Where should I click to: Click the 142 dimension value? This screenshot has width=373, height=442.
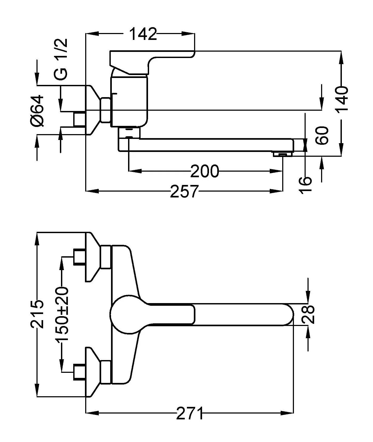(143, 34)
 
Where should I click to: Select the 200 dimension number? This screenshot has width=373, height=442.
(204, 171)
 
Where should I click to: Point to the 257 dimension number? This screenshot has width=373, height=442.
(184, 191)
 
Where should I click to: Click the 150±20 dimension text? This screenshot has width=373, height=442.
(62, 314)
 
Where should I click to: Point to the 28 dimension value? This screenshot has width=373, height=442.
(309, 314)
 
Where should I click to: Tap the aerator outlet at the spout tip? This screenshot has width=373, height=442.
(283, 154)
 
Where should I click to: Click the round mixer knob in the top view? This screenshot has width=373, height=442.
(126, 314)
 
